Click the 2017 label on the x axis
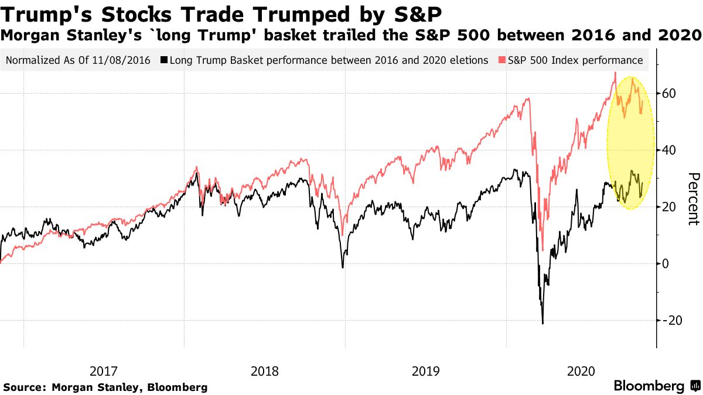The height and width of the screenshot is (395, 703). (104, 371)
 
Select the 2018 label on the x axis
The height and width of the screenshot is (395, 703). (265, 371)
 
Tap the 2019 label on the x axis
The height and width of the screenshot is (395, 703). (426, 371)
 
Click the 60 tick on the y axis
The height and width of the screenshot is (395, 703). (670, 94)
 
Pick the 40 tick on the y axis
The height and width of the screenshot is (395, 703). (670, 150)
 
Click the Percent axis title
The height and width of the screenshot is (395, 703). (692, 198)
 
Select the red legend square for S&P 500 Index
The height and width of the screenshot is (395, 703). (503, 60)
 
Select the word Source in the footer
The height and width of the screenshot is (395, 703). (23, 387)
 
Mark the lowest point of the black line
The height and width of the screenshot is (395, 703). (542, 324)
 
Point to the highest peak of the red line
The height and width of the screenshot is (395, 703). (615, 73)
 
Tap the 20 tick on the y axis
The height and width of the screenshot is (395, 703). (670, 207)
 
